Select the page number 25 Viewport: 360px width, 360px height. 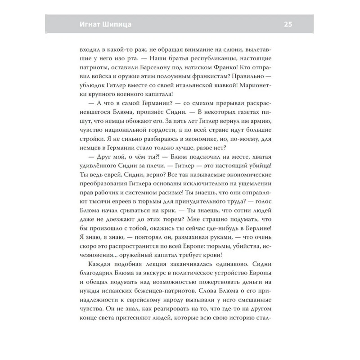[288, 24]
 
